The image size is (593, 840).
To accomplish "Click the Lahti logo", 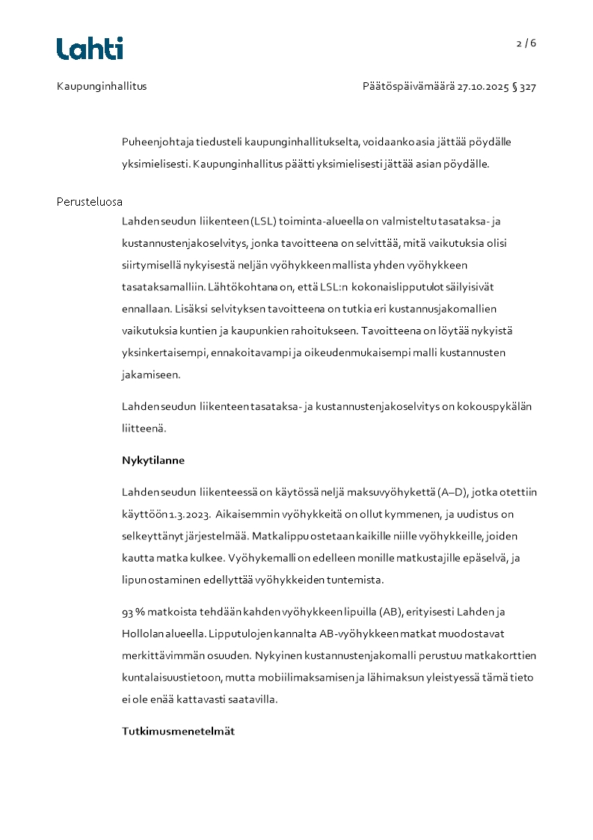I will (90, 49).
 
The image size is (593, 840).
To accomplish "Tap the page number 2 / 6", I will (526, 43).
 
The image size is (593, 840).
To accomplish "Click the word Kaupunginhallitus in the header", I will (102, 86).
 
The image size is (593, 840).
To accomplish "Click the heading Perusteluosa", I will (90, 202).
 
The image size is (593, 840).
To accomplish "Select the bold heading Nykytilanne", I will (153, 460).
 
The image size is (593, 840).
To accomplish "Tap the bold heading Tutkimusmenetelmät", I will (178, 731).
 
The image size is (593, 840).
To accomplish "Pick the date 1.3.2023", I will (184, 515).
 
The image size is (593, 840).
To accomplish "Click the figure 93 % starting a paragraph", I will (133, 612).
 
